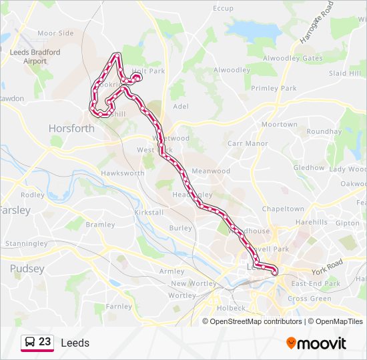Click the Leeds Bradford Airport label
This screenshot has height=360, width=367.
[35, 57]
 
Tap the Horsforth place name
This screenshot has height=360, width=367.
[71, 128]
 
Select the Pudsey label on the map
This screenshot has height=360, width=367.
[27, 269]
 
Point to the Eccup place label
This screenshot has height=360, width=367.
[223, 8]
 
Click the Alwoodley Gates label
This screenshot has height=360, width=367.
[293, 58]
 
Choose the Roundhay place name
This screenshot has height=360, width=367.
[324, 131]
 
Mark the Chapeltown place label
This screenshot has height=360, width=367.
[283, 209]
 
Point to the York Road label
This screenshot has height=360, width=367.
[326, 267]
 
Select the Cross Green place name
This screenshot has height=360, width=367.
[309, 299]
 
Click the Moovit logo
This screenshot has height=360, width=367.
[316, 343]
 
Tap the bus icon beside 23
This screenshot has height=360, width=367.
[30, 342]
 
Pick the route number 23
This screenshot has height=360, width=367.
[45, 342]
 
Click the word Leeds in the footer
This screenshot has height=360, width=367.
[75, 343]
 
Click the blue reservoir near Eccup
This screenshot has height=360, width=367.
[254, 29]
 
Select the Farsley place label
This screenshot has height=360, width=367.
[16, 210]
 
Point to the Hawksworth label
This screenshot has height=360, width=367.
[122, 173]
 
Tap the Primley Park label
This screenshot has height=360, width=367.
[274, 88]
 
